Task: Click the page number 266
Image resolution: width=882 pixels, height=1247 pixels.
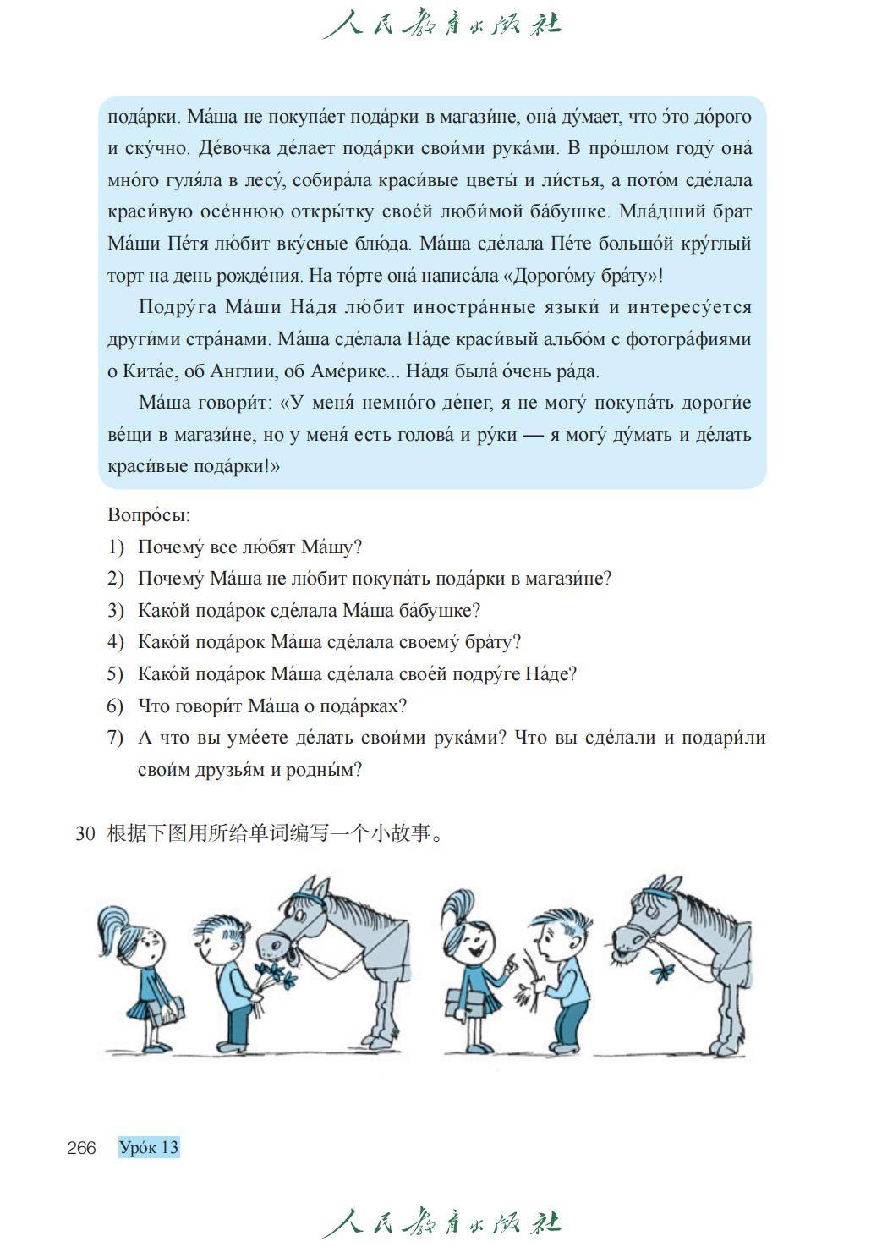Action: click(81, 1148)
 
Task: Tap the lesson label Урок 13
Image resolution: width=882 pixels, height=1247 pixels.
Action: click(149, 1148)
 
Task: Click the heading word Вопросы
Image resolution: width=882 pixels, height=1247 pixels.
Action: click(148, 514)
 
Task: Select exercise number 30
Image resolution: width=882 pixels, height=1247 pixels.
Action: click(85, 834)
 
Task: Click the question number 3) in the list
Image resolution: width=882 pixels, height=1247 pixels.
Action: click(116, 611)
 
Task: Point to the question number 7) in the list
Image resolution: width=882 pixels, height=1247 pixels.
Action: click(116, 738)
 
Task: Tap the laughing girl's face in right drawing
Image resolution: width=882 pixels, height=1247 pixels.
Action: click(475, 939)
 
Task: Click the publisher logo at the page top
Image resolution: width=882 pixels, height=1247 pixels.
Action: click(441, 23)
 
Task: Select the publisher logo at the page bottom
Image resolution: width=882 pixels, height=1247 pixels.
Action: click(441, 1223)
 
